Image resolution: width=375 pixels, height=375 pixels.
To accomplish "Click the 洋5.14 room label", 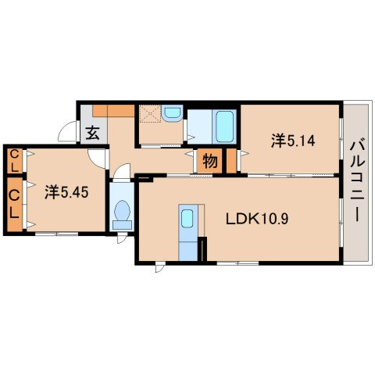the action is (x=293, y=141).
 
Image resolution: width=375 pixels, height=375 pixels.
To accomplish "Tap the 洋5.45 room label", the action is (x=66, y=192).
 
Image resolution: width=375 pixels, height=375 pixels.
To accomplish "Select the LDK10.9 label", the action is (x=257, y=219).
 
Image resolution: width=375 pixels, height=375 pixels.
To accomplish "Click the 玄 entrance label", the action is (x=93, y=133).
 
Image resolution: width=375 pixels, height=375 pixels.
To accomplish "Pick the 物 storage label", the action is (x=210, y=161).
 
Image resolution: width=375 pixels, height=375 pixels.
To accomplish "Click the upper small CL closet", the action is (x=15, y=162).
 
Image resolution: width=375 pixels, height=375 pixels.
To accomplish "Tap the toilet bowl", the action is (x=122, y=210).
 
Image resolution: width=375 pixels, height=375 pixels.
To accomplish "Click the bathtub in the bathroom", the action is (x=224, y=127).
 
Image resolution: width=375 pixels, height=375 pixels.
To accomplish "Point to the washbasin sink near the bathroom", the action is (x=171, y=112).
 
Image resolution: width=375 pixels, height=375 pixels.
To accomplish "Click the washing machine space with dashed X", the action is (x=150, y=113).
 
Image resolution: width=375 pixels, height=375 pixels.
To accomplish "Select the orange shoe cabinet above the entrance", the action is (x=113, y=111).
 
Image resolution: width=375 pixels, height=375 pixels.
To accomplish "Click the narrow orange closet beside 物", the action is (x=231, y=161).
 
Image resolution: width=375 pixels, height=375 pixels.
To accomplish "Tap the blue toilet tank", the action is (x=122, y=225).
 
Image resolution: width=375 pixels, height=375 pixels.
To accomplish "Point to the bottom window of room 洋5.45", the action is (x=56, y=234).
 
